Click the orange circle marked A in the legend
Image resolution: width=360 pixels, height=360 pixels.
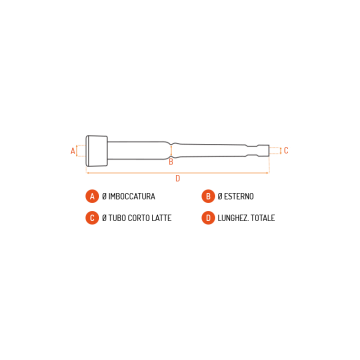(x=92, y=196)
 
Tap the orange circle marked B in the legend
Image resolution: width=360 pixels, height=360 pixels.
(x=208, y=196)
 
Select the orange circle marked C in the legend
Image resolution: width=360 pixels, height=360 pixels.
(x=92, y=218)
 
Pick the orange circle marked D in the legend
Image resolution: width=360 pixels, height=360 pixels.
(x=208, y=218)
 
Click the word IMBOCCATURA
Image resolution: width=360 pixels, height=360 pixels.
(x=132, y=196)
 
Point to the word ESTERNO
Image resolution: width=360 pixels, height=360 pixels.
(x=239, y=196)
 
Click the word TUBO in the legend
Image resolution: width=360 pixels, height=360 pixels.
(x=117, y=218)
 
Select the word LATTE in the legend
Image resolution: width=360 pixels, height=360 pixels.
(x=162, y=218)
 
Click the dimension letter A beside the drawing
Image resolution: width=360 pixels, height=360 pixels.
(x=73, y=151)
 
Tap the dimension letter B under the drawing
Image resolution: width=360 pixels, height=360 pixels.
(x=171, y=162)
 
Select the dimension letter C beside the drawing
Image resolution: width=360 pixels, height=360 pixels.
(x=286, y=150)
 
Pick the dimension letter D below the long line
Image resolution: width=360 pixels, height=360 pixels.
(x=178, y=179)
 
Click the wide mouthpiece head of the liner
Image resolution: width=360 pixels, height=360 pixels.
(x=97, y=151)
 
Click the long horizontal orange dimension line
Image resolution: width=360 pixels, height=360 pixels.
(x=178, y=173)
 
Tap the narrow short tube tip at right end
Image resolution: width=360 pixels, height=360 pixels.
(x=264, y=150)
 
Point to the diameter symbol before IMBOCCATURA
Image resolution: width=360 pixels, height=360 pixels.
(x=104, y=196)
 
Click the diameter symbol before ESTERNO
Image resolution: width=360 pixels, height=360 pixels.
(x=220, y=196)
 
